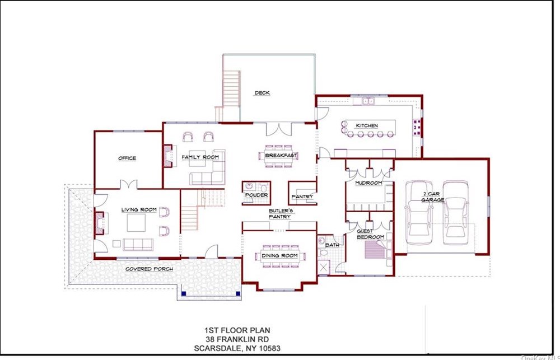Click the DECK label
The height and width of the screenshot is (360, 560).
click(x=262, y=93)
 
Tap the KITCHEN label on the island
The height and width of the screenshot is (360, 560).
click(x=367, y=126)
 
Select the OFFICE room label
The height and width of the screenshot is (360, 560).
click(x=127, y=158)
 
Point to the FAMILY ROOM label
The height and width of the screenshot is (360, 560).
click(x=200, y=157)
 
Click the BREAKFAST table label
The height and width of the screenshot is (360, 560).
click(x=281, y=156)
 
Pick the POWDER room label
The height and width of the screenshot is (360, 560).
click(x=256, y=195)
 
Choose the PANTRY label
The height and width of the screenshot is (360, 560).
click(x=302, y=197)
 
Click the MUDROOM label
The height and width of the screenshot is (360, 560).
click(x=368, y=183)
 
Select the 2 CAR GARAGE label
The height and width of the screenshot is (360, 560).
click(x=432, y=197)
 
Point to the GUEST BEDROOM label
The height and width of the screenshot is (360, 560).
click(x=370, y=234)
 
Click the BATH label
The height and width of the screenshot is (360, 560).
click(x=332, y=245)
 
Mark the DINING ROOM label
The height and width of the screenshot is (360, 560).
click(x=279, y=256)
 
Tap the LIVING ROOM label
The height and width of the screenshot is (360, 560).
click(x=138, y=209)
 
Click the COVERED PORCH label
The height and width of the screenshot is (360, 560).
click(x=149, y=269)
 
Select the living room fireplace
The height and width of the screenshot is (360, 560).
click(x=99, y=223)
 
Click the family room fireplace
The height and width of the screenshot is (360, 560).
click(x=168, y=156)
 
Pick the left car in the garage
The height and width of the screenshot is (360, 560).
click(x=418, y=213)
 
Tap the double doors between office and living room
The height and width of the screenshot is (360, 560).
click(x=129, y=184)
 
